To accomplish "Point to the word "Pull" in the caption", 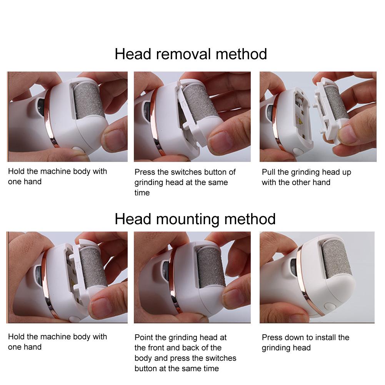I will coord(268,172).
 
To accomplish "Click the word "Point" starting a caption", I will coord(144,337).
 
